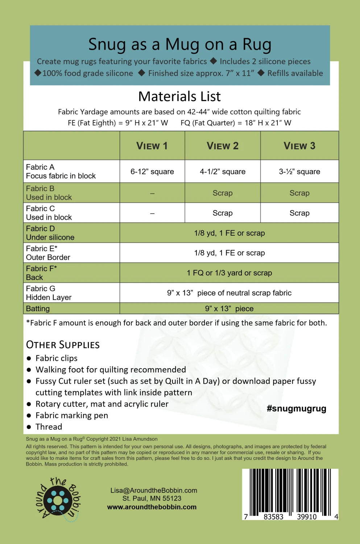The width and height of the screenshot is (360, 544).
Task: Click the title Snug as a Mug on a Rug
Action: (x=180, y=45)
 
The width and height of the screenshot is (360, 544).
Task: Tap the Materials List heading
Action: (x=179, y=96)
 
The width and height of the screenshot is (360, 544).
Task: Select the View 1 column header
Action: (x=152, y=146)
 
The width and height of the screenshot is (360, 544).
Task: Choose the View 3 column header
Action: (x=299, y=146)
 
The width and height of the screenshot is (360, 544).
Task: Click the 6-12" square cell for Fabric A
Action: (x=152, y=172)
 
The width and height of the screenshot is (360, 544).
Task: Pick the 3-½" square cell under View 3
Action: (x=299, y=172)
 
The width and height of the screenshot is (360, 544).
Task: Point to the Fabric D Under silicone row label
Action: (x=50, y=233)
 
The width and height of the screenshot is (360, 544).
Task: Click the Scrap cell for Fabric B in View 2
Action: (x=222, y=193)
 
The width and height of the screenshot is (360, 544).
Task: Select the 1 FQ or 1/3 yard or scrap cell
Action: (x=229, y=273)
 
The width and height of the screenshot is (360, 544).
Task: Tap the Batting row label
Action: (x=38, y=309)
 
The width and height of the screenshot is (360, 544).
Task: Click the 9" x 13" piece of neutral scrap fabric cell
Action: (x=229, y=293)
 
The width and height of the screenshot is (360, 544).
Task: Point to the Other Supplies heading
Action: (x=63, y=345)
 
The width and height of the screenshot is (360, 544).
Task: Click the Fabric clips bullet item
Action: (x=56, y=358)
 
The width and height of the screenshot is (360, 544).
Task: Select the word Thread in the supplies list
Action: (x=49, y=427)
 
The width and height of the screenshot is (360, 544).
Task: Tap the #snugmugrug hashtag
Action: (x=296, y=409)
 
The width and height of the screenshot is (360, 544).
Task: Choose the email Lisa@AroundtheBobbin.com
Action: (x=154, y=490)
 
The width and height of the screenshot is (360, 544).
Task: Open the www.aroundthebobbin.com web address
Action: (x=152, y=507)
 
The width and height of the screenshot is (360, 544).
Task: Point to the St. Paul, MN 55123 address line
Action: (x=152, y=498)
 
